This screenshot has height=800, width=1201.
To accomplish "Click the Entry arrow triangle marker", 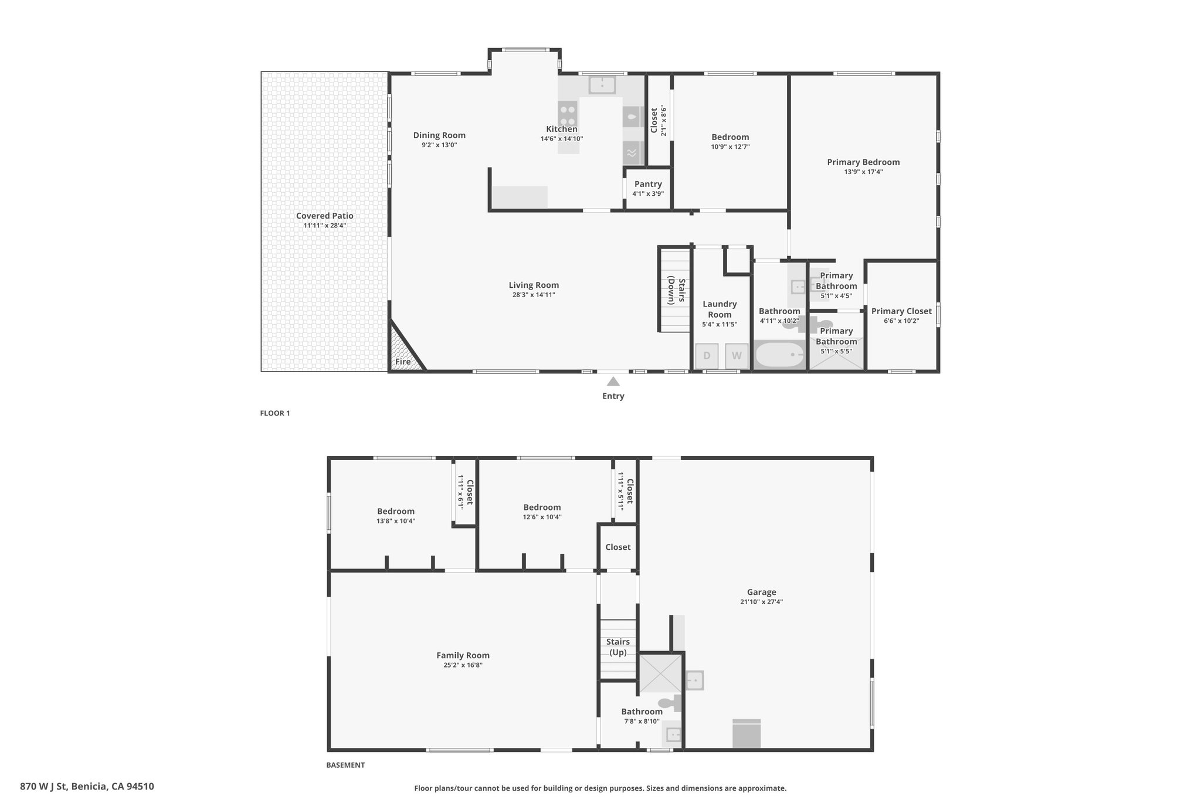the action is pyautogui.click(x=613, y=382).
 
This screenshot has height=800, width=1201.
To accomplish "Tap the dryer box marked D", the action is pyautogui.click(x=707, y=356).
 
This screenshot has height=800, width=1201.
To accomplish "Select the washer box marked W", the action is pyautogui.click(x=737, y=356).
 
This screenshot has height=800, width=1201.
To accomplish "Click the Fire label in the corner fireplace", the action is pyautogui.click(x=403, y=362).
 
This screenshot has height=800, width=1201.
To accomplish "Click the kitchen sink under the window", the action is pyautogui.click(x=602, y=85).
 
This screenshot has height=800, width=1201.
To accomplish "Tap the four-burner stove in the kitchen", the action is pyautogui.click(x=568, y=114).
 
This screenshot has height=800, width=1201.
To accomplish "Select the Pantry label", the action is pyautogui.click(x=648, y=184).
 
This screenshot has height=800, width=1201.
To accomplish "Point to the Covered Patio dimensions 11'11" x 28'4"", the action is pyautogui.click(x=325, y=225).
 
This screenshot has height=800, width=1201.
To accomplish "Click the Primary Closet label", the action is pyautogui.click(x=901, y=311).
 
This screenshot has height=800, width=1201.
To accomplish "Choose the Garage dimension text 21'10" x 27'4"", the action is pyautogui.click(x=761, y=602).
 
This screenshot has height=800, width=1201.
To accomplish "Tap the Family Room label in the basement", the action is pyautogui.click(x=463, y=655).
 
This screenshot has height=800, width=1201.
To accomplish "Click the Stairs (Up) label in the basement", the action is pyautogui.click(x=618, y=647).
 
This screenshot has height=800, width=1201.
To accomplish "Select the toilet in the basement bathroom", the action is pyautogui.click(x=670, y=703).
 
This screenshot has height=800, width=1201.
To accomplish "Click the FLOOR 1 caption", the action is pyautogui.click(x=275, y=413).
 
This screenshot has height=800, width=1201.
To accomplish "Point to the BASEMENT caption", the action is pyautogui.click(x=345, y=765).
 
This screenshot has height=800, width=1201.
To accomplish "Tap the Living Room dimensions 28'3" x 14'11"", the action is pyautogui.click(x=534, y=295).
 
